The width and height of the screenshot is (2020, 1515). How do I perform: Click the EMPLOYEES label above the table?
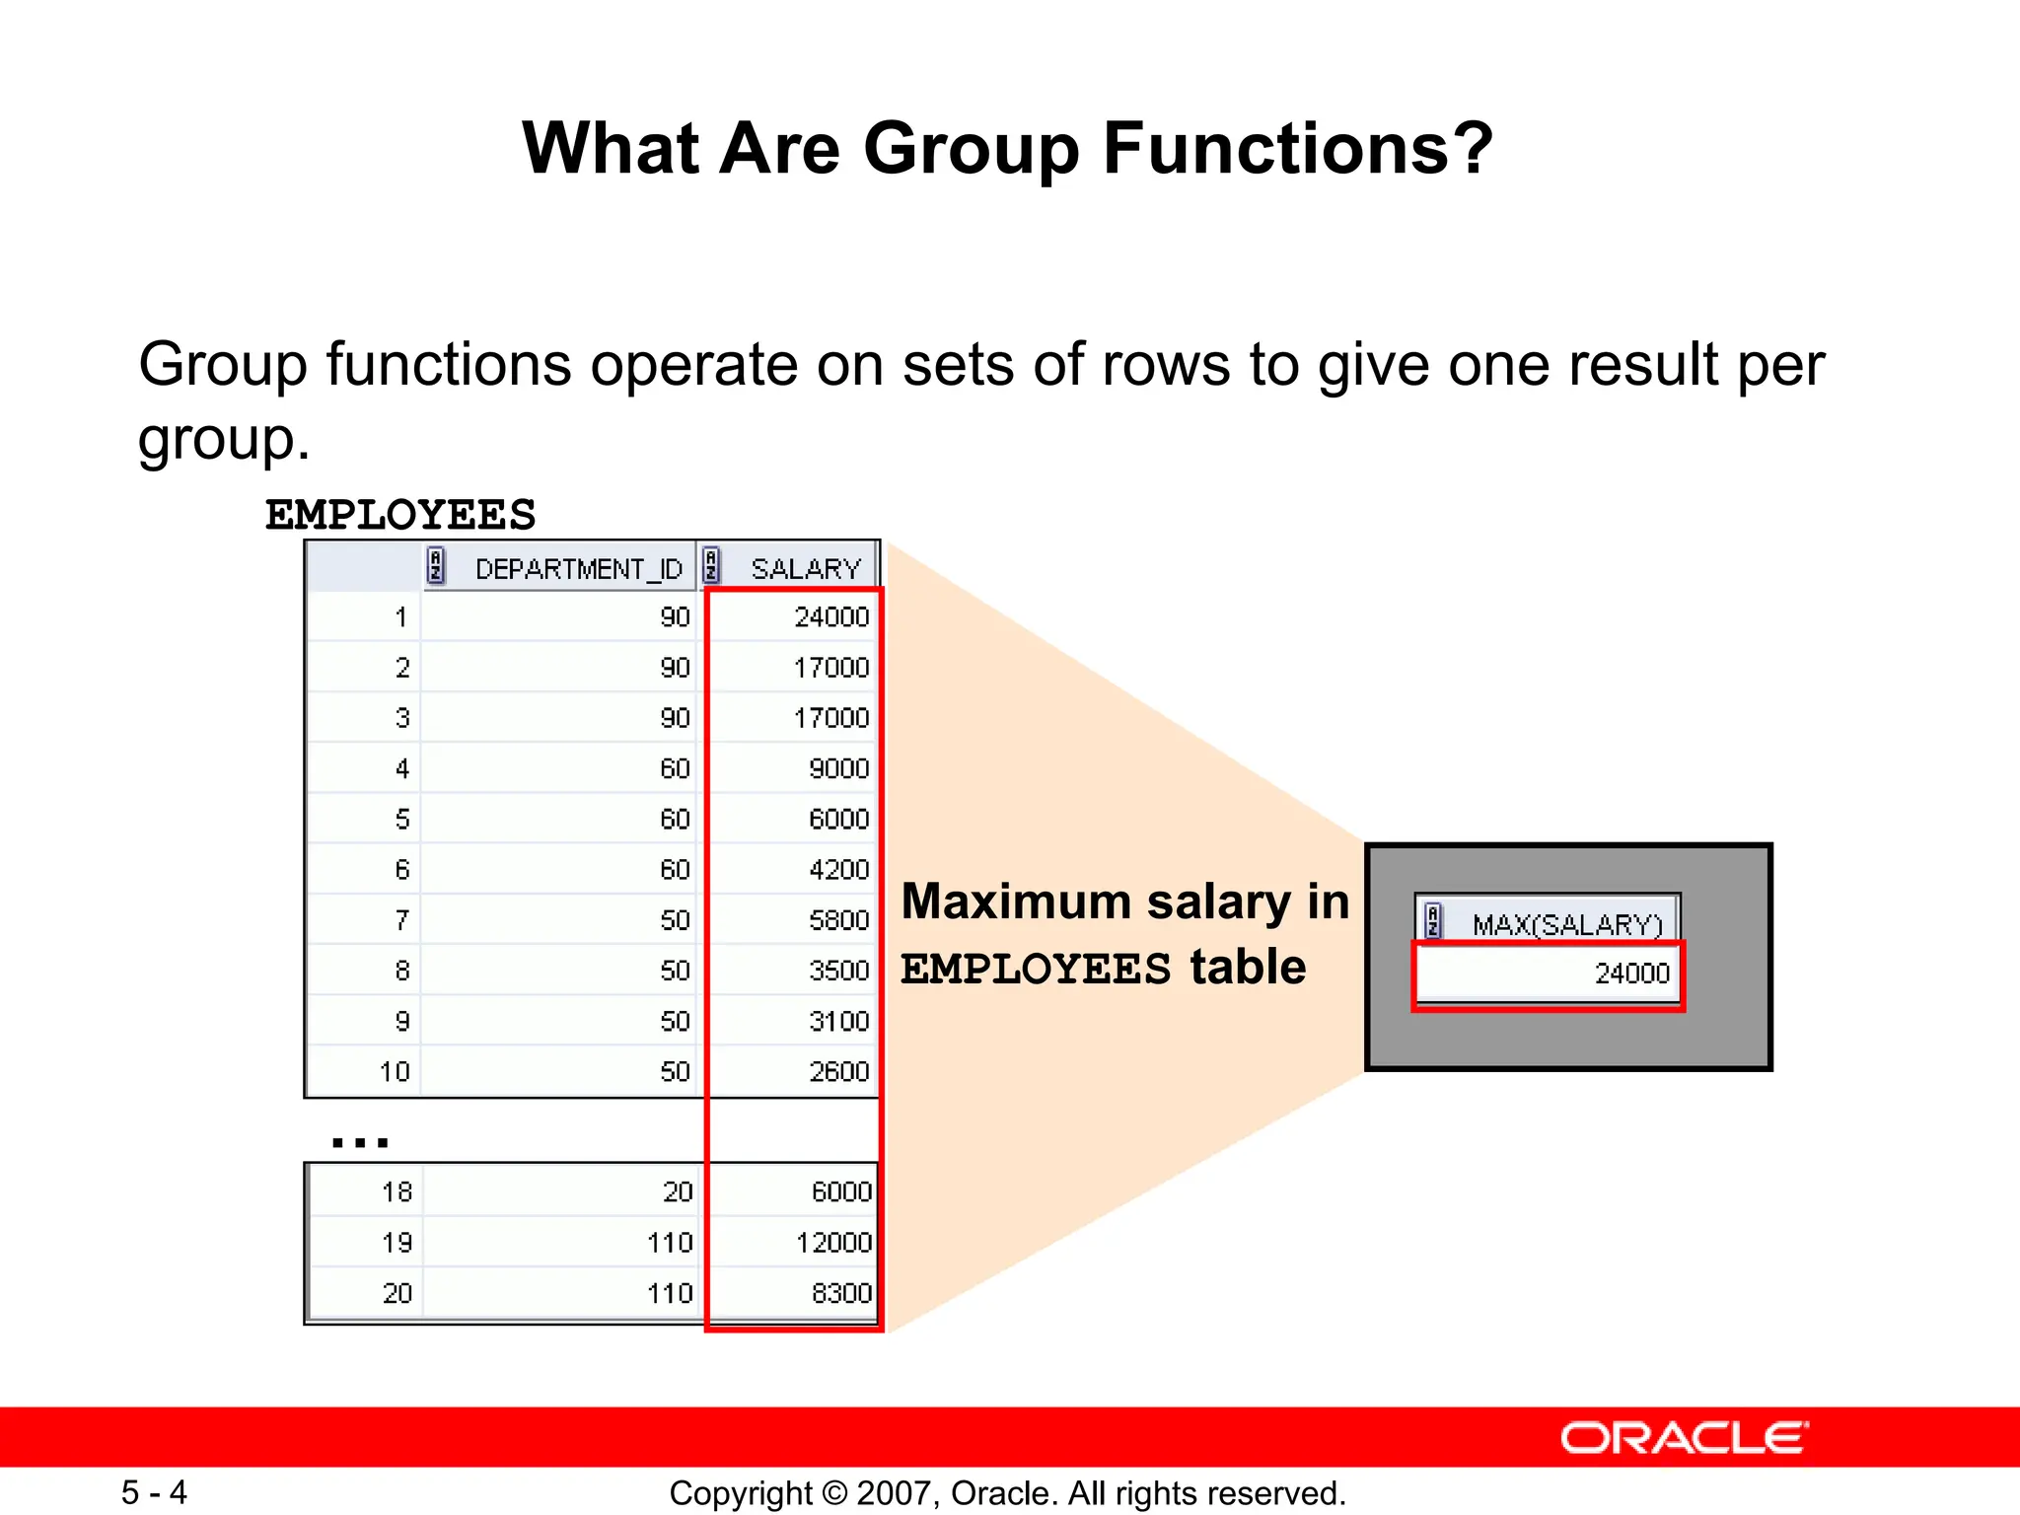coord(399,515)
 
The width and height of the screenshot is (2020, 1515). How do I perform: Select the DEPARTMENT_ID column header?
coord(578,569)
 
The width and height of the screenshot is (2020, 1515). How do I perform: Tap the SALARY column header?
coord(805,569)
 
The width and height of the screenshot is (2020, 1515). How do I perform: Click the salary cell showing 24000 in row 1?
coord(830,617)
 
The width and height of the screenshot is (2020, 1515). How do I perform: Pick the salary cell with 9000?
coord(838,768)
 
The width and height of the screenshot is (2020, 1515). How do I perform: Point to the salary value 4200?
coord(838,870)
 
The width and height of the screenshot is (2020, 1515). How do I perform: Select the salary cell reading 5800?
coord(838,920)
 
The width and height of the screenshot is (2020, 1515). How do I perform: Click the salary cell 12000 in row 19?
coord(833,1243)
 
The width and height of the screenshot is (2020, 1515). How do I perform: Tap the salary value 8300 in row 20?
coord(841,1293)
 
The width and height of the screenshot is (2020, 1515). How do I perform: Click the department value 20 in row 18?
coord(678,1192)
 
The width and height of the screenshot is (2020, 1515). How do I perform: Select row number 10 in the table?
coord(394,1072)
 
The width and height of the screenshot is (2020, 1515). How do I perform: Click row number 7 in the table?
coord(401,920)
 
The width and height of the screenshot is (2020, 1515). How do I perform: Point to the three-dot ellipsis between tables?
coord(360,1142)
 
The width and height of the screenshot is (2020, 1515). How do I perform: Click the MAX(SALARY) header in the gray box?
coord(1566,924)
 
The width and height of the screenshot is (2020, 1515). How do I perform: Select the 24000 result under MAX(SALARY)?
coord(1631,974)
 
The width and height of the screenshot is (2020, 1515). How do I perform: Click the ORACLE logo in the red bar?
coord(1684,1438)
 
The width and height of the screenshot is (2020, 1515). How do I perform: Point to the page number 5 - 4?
coord(154,1492)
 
